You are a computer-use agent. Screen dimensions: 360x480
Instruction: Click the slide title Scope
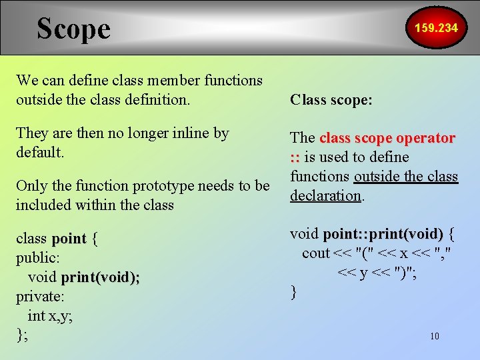[x=73, y=29]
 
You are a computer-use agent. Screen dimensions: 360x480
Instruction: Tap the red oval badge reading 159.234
[x=436, y=28]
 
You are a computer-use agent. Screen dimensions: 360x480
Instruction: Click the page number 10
[x=435, y=336]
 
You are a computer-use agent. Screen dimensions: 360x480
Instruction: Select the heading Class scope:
[x=331, y=100]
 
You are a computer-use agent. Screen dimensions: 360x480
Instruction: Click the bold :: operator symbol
[x=295, y=157]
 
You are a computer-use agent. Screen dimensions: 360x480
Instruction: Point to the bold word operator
[x=425, y=138]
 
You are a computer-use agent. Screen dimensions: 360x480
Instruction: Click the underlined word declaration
[x=325, y=195]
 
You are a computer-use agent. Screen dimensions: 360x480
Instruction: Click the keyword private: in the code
[x=39, y=296]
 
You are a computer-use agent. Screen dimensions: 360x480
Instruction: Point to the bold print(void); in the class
[x=100, y=277]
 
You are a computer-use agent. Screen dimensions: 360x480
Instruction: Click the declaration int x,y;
[x=51, y=315]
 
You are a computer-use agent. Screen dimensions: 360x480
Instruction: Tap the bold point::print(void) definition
[x=383, y=234]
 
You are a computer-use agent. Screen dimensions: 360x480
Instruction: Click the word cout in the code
[x=315, y=253]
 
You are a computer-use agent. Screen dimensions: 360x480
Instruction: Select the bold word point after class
[x=69, y=239]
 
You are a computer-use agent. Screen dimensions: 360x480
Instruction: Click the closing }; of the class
[x=22, y=335]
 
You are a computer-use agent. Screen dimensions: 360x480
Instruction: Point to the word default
[x=39, y=152]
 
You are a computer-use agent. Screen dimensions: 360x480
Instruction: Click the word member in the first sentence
[x=167, y=81]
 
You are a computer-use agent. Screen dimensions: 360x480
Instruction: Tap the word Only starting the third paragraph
[x=31, y=185]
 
